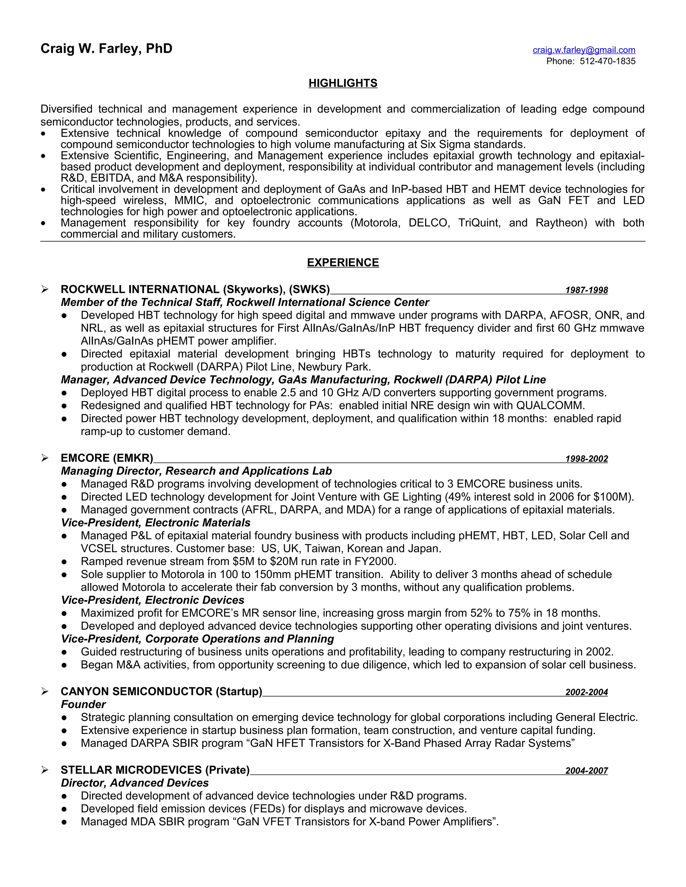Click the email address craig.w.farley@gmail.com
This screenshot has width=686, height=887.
[x=584, y=50]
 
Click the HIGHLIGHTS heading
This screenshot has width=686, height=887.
[x=343, y=83]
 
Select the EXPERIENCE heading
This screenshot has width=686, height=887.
[x=343, y=263]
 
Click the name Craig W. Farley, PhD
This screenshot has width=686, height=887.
[x=107, y=49]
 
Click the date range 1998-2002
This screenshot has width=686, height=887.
[x=586, y=459]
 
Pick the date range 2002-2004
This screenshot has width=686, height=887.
[x=586, y=692]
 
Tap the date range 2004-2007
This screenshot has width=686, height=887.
[x=586, y=771]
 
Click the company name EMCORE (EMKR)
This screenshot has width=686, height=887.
[x=107, y=458]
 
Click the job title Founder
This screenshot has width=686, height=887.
[x=83, y=705]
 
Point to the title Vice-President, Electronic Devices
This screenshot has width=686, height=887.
[x=152, y=600]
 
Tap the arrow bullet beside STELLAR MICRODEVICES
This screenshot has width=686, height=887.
[x=45, y=770]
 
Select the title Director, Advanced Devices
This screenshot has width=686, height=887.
[x=135, y=783]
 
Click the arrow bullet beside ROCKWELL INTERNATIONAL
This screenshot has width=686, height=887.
[x=45, y=289]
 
